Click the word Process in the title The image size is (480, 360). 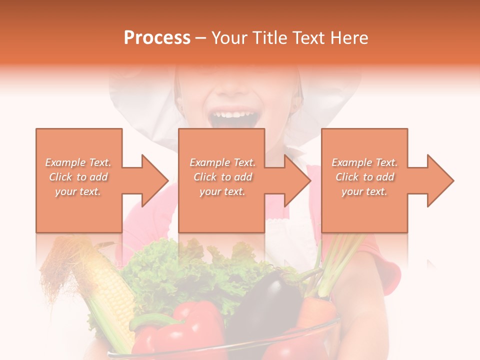click(x=157, y=38)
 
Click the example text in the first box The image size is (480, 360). click(x=78, y=176)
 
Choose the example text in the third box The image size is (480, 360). click(x=364, y=176)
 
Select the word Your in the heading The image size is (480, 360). click(x=229, y=38)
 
